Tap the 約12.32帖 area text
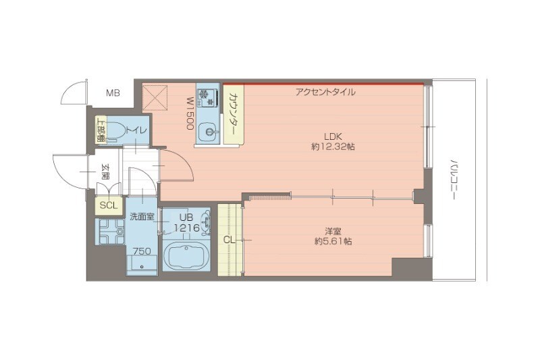(x=333, y=147)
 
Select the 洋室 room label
(x=332, y=230)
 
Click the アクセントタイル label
(x=325, y=92)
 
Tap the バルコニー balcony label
(x=454, y=180)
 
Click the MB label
(x=112, y=93)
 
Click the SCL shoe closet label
(x=108, y=205)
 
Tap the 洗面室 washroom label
(x=142, y=217)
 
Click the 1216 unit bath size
(x=187, y=228)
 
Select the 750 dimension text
(x=141, y=252)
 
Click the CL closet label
(x=229, y=239)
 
